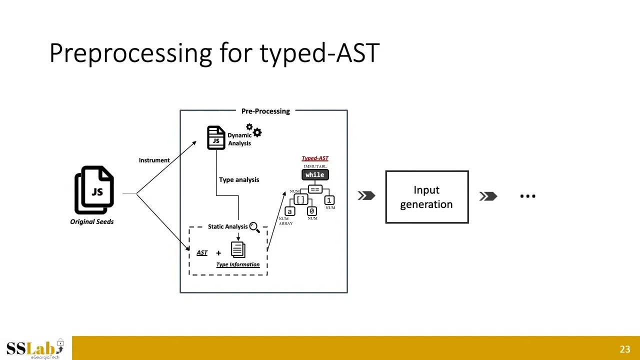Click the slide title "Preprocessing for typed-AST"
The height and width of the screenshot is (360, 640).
click(214, 52)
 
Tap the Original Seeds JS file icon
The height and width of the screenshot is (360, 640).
click(95, 190)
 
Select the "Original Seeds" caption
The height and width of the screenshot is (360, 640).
click(92, 221)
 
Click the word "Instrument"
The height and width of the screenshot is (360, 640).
click(154, 160)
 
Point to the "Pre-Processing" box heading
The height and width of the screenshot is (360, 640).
click(265, 111)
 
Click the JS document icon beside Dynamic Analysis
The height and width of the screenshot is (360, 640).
click(216, 138)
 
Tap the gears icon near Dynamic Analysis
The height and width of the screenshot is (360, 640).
click(254, 130)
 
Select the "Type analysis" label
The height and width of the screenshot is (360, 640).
click(239, 179)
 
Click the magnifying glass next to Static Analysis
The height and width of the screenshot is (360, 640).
click(254, 227)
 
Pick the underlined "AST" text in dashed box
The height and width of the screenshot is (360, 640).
click(202, 252)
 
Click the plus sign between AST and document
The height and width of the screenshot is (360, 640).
click(218, 253)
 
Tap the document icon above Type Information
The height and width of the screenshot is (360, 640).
click(238, 249)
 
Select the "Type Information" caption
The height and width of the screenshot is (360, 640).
click(238, 264)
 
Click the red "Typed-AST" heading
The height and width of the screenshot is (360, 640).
click(315, 158)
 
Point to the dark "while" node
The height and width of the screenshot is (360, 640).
click(315, 174)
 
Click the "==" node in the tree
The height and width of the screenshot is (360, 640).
click(315, 189)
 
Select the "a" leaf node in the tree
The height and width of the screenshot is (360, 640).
click(289, 211)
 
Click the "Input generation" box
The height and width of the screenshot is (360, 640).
click(426, 197)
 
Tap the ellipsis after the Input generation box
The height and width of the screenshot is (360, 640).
click(527, 196)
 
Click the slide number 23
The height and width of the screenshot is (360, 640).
click(624, 349)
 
